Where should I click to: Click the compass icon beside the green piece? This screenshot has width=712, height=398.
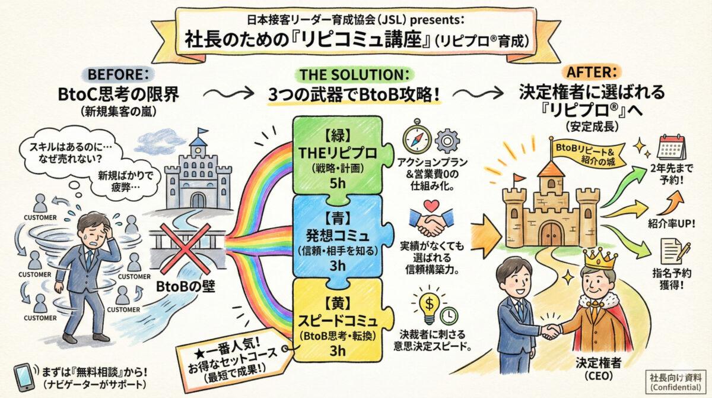coord(417,138)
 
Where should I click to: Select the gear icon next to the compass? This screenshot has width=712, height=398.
coord(448,141)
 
